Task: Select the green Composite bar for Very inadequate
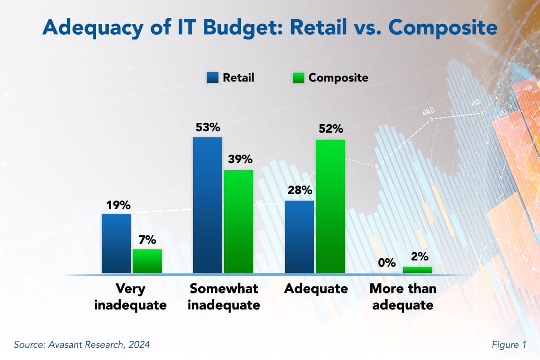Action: click(147, 261)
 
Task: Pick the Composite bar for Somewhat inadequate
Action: click(239, 221)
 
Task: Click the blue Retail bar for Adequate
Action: click(300, 237)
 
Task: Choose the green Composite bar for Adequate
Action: click(330, 206)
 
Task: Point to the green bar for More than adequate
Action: click(418, 270)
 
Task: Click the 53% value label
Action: click(208, 128)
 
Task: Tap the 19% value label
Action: click(116, 205)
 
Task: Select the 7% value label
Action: click(147, 240)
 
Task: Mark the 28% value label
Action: click(300, 191)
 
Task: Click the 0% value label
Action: click(387, 263)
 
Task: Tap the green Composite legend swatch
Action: click(298, 77)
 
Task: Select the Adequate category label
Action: click(316, 289)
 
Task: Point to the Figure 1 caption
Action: click(509, 345)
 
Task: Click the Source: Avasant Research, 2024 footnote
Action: click(82, 345)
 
